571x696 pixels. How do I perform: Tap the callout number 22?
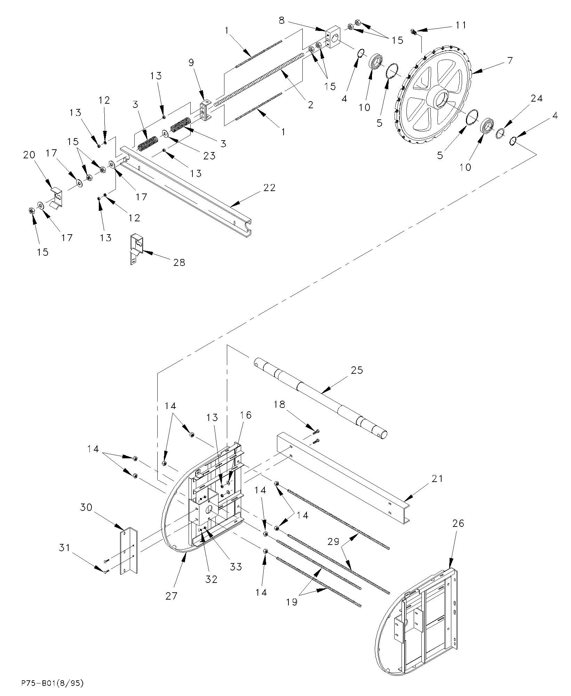pyautogui.click(x=270, y=188)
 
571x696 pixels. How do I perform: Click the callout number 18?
pyautogui.click(x=279, y=404)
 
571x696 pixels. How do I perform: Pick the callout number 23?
pyautogui.click(x=209, y=155)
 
